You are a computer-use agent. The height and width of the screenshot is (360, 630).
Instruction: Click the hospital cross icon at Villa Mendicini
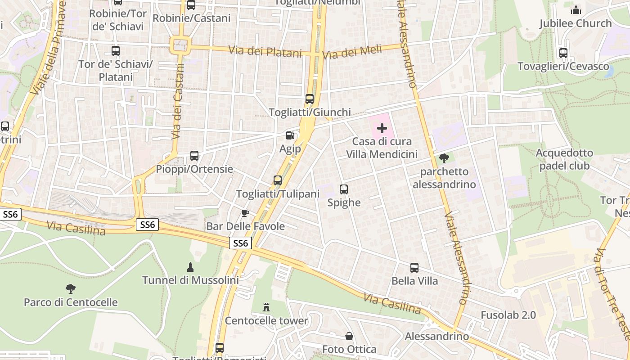coord(382,129)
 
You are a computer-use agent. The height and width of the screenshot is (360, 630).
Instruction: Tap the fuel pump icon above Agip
coord(290,135)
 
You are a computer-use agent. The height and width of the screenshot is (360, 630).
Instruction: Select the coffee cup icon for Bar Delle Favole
coord(245,213)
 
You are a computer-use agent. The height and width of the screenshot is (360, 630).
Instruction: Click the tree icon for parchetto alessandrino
coord(444,158)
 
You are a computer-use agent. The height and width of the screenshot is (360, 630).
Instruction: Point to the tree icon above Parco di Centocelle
coord(70,288)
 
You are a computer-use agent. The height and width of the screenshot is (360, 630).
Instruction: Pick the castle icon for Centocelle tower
coord(266,307)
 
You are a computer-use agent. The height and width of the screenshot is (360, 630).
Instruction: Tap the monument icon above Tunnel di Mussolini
coord(190,267)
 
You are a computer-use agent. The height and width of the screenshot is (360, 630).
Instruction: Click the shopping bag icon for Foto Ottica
coord(349,336)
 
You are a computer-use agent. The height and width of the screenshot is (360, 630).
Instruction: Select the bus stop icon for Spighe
coord(344,189)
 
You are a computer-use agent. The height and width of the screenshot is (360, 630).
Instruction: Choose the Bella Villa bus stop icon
coord(414,268)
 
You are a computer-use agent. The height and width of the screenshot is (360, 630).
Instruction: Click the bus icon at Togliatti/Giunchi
coord(310,99)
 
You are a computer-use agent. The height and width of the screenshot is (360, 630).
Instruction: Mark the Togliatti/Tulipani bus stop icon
coord(278,180)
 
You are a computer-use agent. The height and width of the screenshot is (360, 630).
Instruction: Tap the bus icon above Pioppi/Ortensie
coord(194,156)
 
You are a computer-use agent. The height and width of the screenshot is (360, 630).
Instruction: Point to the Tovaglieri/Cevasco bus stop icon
coord(563,53)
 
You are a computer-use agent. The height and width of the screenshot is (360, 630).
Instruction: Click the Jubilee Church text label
coord(575,23)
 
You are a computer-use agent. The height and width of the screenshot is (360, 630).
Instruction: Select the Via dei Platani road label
coord(265,51)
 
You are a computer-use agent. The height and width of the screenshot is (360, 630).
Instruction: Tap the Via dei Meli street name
coord(352,52)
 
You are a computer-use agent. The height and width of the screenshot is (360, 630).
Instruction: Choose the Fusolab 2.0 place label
coord(508,315)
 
